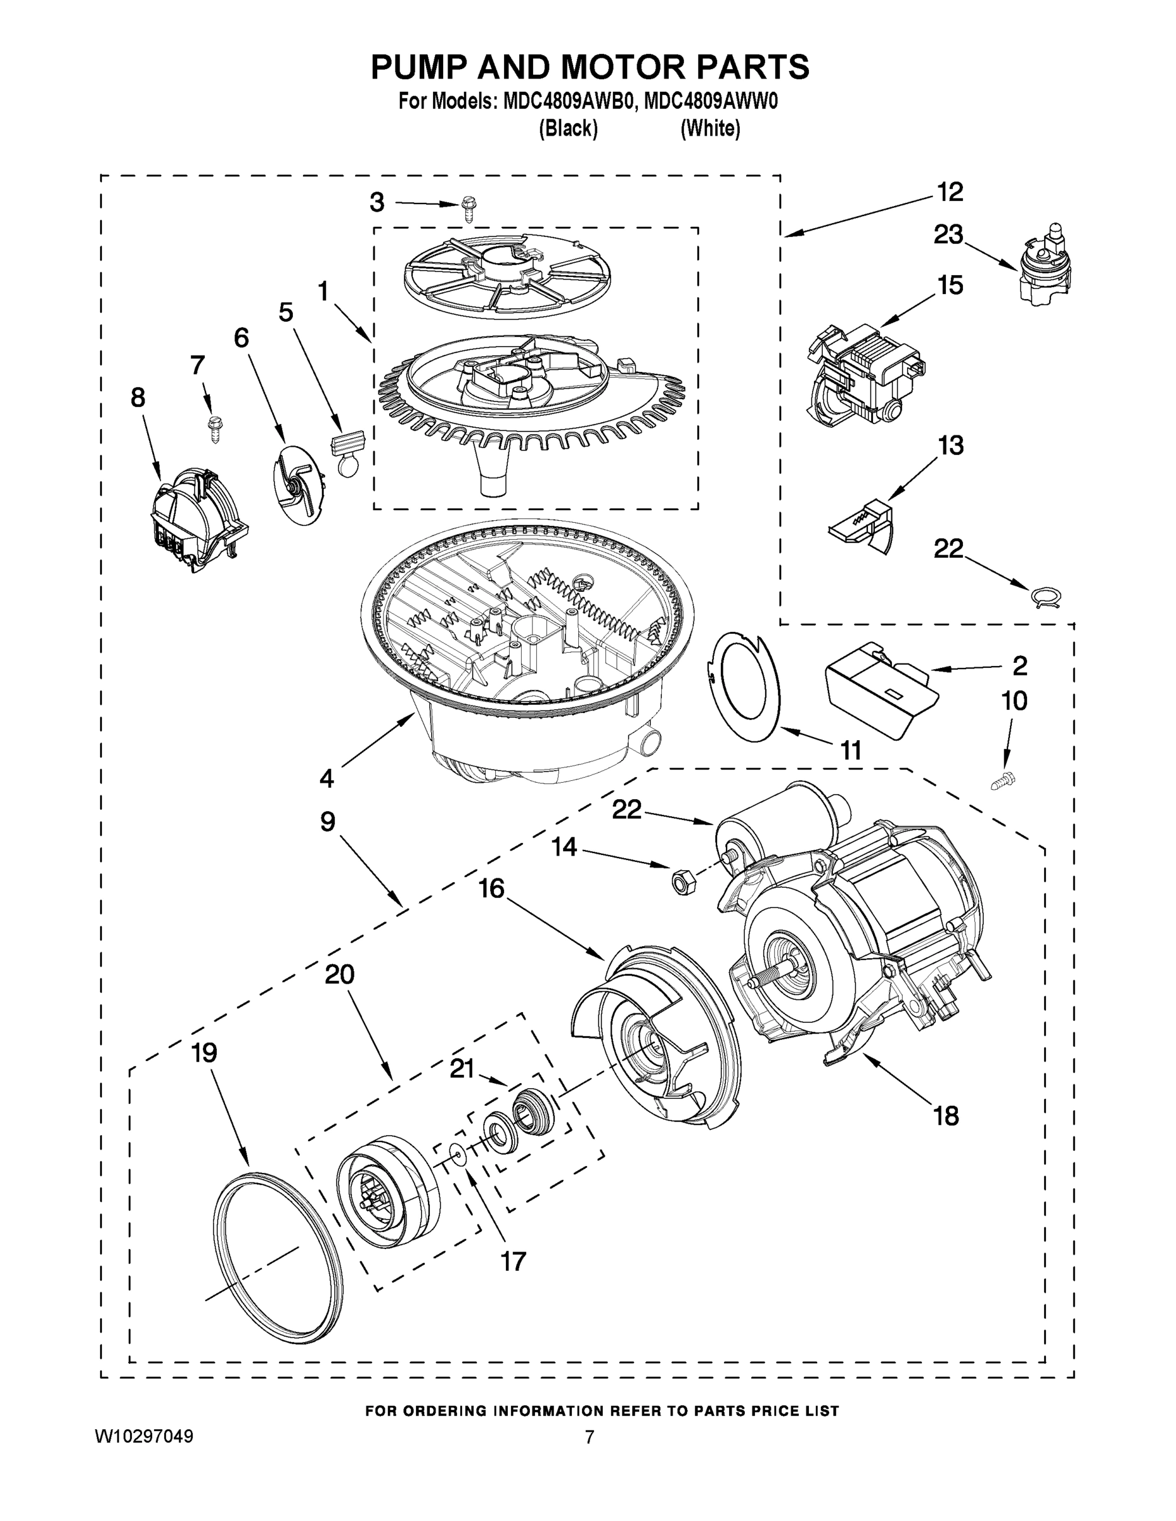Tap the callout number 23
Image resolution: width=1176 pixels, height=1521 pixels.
tap(948, 234)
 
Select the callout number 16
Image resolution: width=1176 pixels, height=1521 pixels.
tap(492, 888)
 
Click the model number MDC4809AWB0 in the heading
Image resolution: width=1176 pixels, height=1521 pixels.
tap(568, 101)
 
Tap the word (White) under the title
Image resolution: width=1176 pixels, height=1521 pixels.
tap(710, 129)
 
